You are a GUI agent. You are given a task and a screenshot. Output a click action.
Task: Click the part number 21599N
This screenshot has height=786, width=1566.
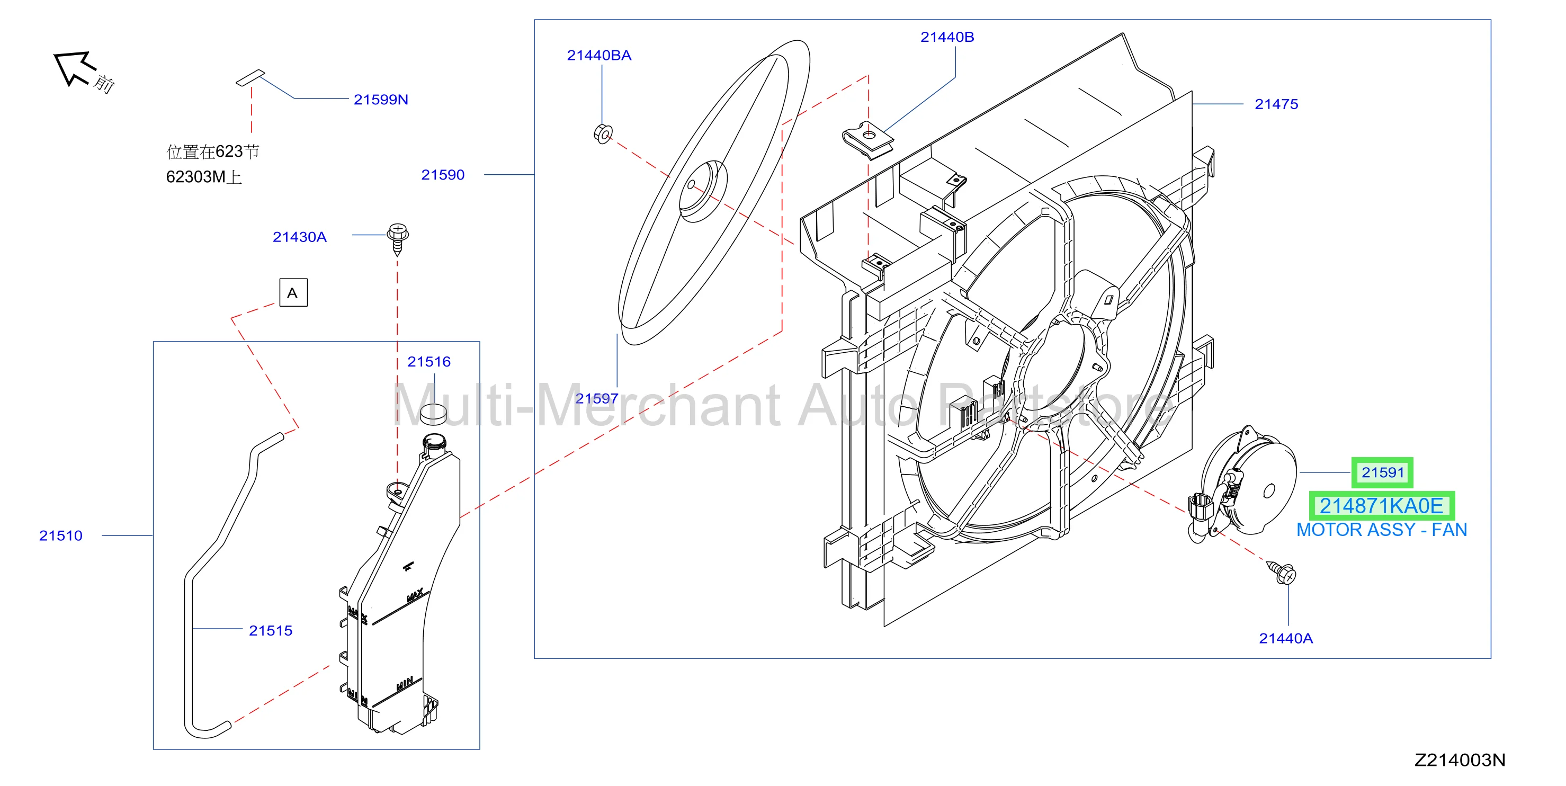(381, 100)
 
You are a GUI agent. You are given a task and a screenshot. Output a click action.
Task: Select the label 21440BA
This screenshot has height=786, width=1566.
(599, 55)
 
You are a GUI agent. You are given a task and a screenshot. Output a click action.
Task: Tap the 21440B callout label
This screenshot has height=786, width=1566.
(947, 37)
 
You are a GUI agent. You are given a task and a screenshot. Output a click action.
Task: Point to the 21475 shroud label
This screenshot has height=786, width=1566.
(1276, 104)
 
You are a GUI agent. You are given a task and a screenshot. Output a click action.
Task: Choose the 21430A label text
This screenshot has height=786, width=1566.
(299, 237)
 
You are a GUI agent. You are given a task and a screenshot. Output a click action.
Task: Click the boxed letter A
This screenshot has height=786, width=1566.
(293, 292)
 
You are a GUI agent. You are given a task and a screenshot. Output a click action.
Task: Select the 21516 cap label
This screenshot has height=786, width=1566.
(428, 362)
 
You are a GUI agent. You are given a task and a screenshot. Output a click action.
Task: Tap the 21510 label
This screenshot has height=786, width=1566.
(60, 535)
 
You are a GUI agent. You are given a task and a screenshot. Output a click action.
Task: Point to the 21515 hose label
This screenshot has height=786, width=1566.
(271, 630)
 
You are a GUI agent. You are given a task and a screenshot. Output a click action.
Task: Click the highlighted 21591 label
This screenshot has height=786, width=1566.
(1382, 472)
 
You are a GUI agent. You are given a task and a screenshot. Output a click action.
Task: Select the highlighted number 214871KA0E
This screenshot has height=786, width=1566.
(1381, 506)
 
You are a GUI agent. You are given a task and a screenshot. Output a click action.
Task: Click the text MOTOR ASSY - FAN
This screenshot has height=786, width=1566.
(1381, 530)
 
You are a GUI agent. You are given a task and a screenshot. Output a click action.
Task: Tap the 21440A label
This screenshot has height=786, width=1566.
(1286, 638)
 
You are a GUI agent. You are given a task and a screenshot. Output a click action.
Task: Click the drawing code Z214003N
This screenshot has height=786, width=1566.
(1460, 760)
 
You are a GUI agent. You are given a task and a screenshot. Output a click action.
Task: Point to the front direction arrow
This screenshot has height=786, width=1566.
(74, 67)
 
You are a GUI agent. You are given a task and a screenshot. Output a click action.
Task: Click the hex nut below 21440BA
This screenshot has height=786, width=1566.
(603, 133)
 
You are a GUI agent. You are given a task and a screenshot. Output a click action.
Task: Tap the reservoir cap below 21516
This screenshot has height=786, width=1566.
(433, 413)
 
